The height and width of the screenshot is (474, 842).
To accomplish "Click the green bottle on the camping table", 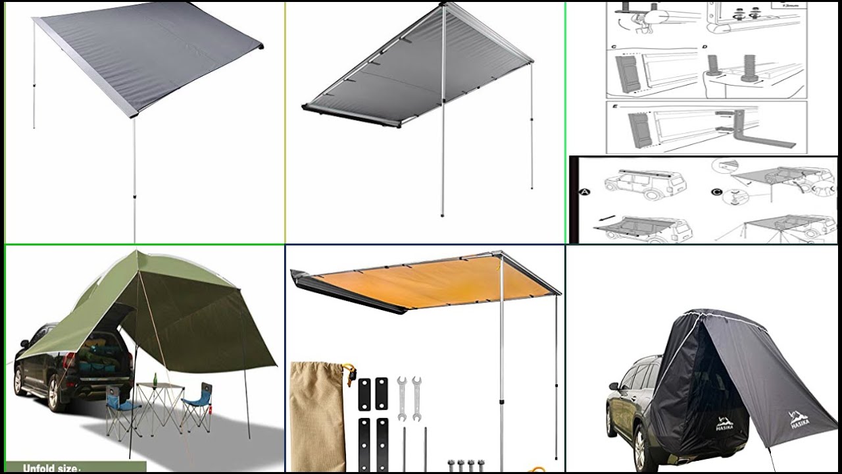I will point(155,380).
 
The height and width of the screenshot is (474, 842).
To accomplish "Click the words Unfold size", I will point(52,468).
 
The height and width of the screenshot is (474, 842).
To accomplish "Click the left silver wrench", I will point(401,398).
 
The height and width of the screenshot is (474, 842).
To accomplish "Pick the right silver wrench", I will point(416,398).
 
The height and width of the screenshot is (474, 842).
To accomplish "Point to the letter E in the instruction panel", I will point(613,106).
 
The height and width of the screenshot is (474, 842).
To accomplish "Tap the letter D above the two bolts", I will point(705,47).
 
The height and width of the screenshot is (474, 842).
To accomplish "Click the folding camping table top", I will point(158,387).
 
